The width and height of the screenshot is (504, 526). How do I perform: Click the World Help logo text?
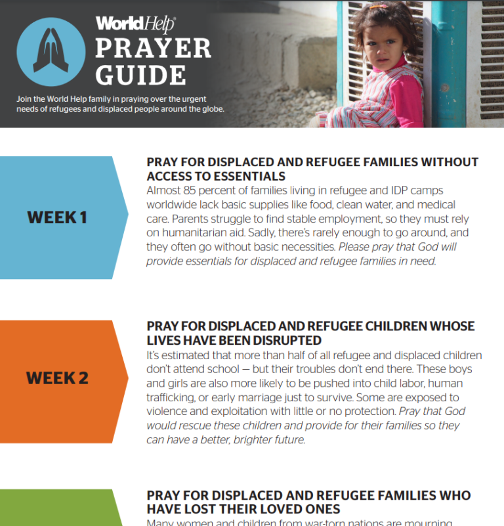(135, 24)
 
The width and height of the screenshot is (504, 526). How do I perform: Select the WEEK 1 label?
(57, 217)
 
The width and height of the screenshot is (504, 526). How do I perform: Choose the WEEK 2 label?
(57, 378)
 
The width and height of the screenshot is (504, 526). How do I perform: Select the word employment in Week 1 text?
(360, 219)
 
